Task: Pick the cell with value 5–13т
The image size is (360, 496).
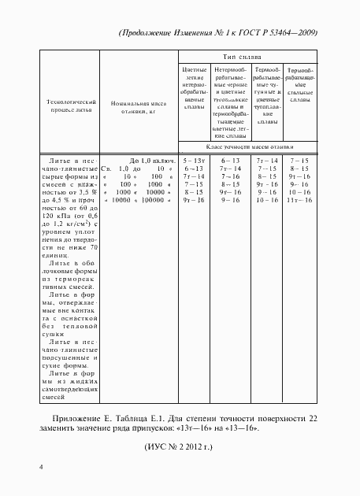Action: [x=193, y=160]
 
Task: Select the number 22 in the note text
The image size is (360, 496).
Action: [x=314, y=416]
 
